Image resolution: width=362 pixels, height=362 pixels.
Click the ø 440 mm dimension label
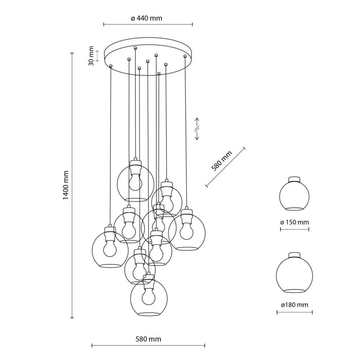(x=146, y=18)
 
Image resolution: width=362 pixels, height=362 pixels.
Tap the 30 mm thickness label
(x=91, y=56)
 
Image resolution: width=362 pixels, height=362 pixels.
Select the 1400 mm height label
(x=66, y=185)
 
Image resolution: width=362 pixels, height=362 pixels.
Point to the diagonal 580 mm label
(x=222, y=161)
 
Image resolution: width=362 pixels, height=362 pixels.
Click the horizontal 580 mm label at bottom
(x=148, y=339)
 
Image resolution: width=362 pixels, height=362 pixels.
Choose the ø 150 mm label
(x=295, y=222)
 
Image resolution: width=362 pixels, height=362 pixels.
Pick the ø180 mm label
(x=294, y=305)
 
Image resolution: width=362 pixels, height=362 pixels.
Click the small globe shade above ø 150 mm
(x=294, y=195)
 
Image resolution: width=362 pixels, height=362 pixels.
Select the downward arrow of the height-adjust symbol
(x=197, y=136)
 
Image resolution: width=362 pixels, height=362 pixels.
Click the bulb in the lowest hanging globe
(x=148, y=296)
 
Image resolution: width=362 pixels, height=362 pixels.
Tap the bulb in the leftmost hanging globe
(x=109, y=248)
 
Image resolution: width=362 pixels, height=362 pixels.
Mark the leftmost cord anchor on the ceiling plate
(x=111, y=66)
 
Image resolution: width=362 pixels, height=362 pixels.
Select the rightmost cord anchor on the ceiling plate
(x=185, y=56)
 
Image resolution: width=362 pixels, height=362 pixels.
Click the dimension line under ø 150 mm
(x=295, y=229)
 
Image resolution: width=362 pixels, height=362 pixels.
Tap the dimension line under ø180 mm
(x=294, y=312)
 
